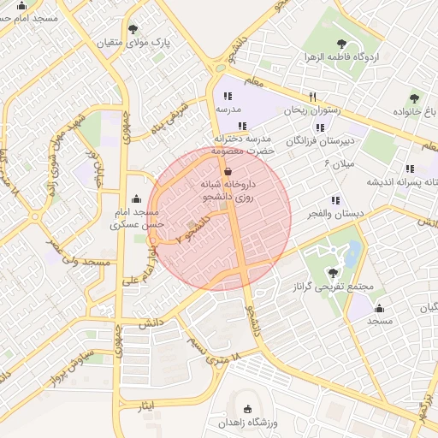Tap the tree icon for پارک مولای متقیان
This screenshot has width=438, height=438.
point(133,28)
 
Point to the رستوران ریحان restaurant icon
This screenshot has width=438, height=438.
point(313,97)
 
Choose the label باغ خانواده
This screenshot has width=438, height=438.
point(415,112)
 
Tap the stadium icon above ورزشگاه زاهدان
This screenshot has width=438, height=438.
point(249,409)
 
